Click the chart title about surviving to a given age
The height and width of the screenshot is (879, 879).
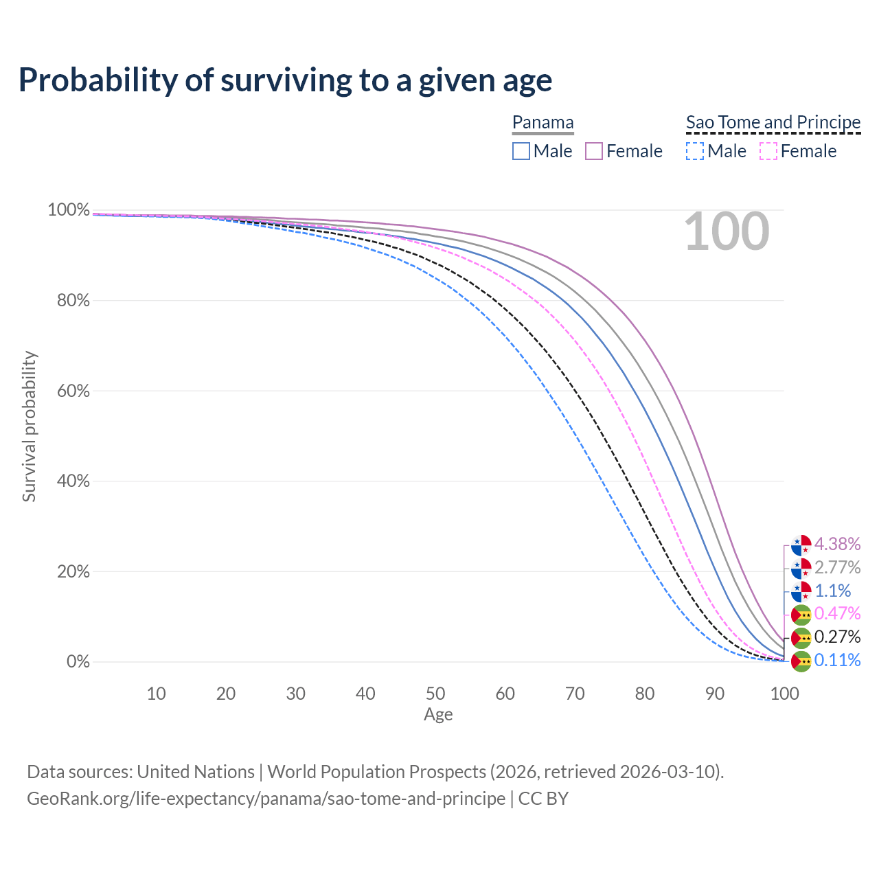(285, 80)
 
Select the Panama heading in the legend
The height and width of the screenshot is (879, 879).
(543, 122)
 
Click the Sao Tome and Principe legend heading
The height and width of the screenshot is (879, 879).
(773, 122)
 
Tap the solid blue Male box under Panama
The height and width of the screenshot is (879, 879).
(521, 151)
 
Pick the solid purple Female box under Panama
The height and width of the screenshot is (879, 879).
(594, 151)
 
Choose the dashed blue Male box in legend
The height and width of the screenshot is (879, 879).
(695, 151)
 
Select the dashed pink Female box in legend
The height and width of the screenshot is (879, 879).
(768, 151)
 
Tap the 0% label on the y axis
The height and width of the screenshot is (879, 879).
(78, 661)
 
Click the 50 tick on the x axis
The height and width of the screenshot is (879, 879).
(435, 694)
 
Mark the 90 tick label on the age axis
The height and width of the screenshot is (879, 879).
(715, 694)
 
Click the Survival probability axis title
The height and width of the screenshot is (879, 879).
(29, 426)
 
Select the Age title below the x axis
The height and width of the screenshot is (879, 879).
(438, 715)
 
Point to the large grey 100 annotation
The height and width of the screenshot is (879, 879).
(727, 232)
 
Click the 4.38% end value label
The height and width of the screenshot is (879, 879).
(837, 544)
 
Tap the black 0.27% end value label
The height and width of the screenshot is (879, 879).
(837, 637)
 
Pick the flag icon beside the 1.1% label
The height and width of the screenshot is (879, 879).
(801, 591)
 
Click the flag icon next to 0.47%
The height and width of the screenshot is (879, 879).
(801, 614)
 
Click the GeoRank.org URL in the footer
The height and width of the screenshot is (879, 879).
(266, 799)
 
